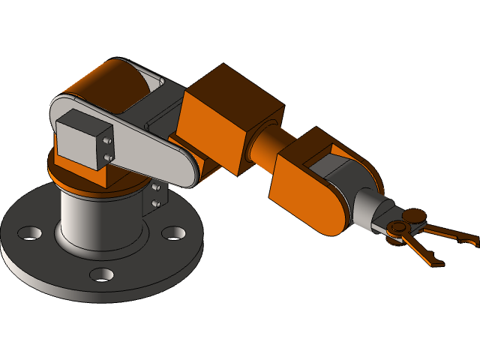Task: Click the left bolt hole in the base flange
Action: (x=30, y=233)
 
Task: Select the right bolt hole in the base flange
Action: (x=173, y=233)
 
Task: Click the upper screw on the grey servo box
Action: (x=109, y=140)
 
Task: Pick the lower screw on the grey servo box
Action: (x=109, y=157)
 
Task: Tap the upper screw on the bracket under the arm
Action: (x=155, y=187)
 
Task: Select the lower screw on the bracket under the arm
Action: (x=155, y=202)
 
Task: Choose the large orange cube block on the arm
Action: (x=229, y=120)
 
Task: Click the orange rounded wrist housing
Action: (x=307, y=191)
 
